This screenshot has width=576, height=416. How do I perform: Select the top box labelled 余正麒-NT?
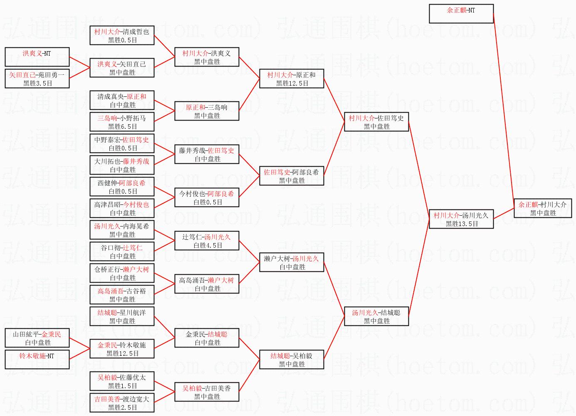pos(461,14)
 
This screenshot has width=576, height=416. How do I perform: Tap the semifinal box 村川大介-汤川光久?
pos(461,219)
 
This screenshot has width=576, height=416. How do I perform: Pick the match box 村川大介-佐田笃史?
pos(376,122)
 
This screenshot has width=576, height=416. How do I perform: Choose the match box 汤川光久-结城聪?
pos(376,316)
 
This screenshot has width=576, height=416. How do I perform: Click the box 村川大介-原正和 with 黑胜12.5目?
pos(292,79)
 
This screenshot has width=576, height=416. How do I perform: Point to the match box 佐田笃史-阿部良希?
pos(292,176)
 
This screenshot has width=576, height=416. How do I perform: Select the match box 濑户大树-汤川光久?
pos(292,262)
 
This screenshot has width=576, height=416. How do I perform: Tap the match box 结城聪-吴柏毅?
pos(292,359)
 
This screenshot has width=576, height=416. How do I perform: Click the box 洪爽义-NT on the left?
pos(37,57)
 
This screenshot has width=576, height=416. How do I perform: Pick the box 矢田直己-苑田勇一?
pos(37,79)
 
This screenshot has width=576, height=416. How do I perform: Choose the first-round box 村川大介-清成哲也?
pos(122,35)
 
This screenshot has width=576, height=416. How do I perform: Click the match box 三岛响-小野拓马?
pos(122,122)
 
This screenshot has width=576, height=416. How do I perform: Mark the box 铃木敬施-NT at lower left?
pos(37,359)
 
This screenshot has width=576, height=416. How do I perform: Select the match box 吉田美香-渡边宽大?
pos(122,403)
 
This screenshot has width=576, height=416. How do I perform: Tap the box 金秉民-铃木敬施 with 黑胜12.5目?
pos(122,349)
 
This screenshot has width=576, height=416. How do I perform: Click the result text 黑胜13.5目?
pos(462,224)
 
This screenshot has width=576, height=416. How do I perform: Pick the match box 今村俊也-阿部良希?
pos(207,197)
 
